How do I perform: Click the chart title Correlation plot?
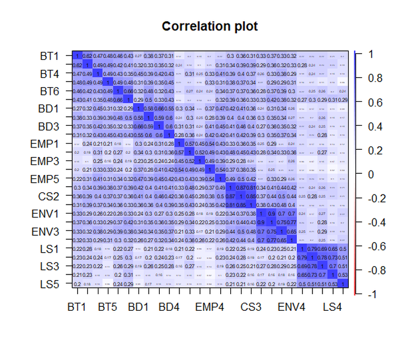click(x=210, y=26)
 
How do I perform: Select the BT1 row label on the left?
click(x=49, y=56)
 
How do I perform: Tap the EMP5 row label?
click(x=46, y=179)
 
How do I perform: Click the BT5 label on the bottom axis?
click(x=107, y=307)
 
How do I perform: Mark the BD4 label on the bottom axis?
click(x=169, y=307)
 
